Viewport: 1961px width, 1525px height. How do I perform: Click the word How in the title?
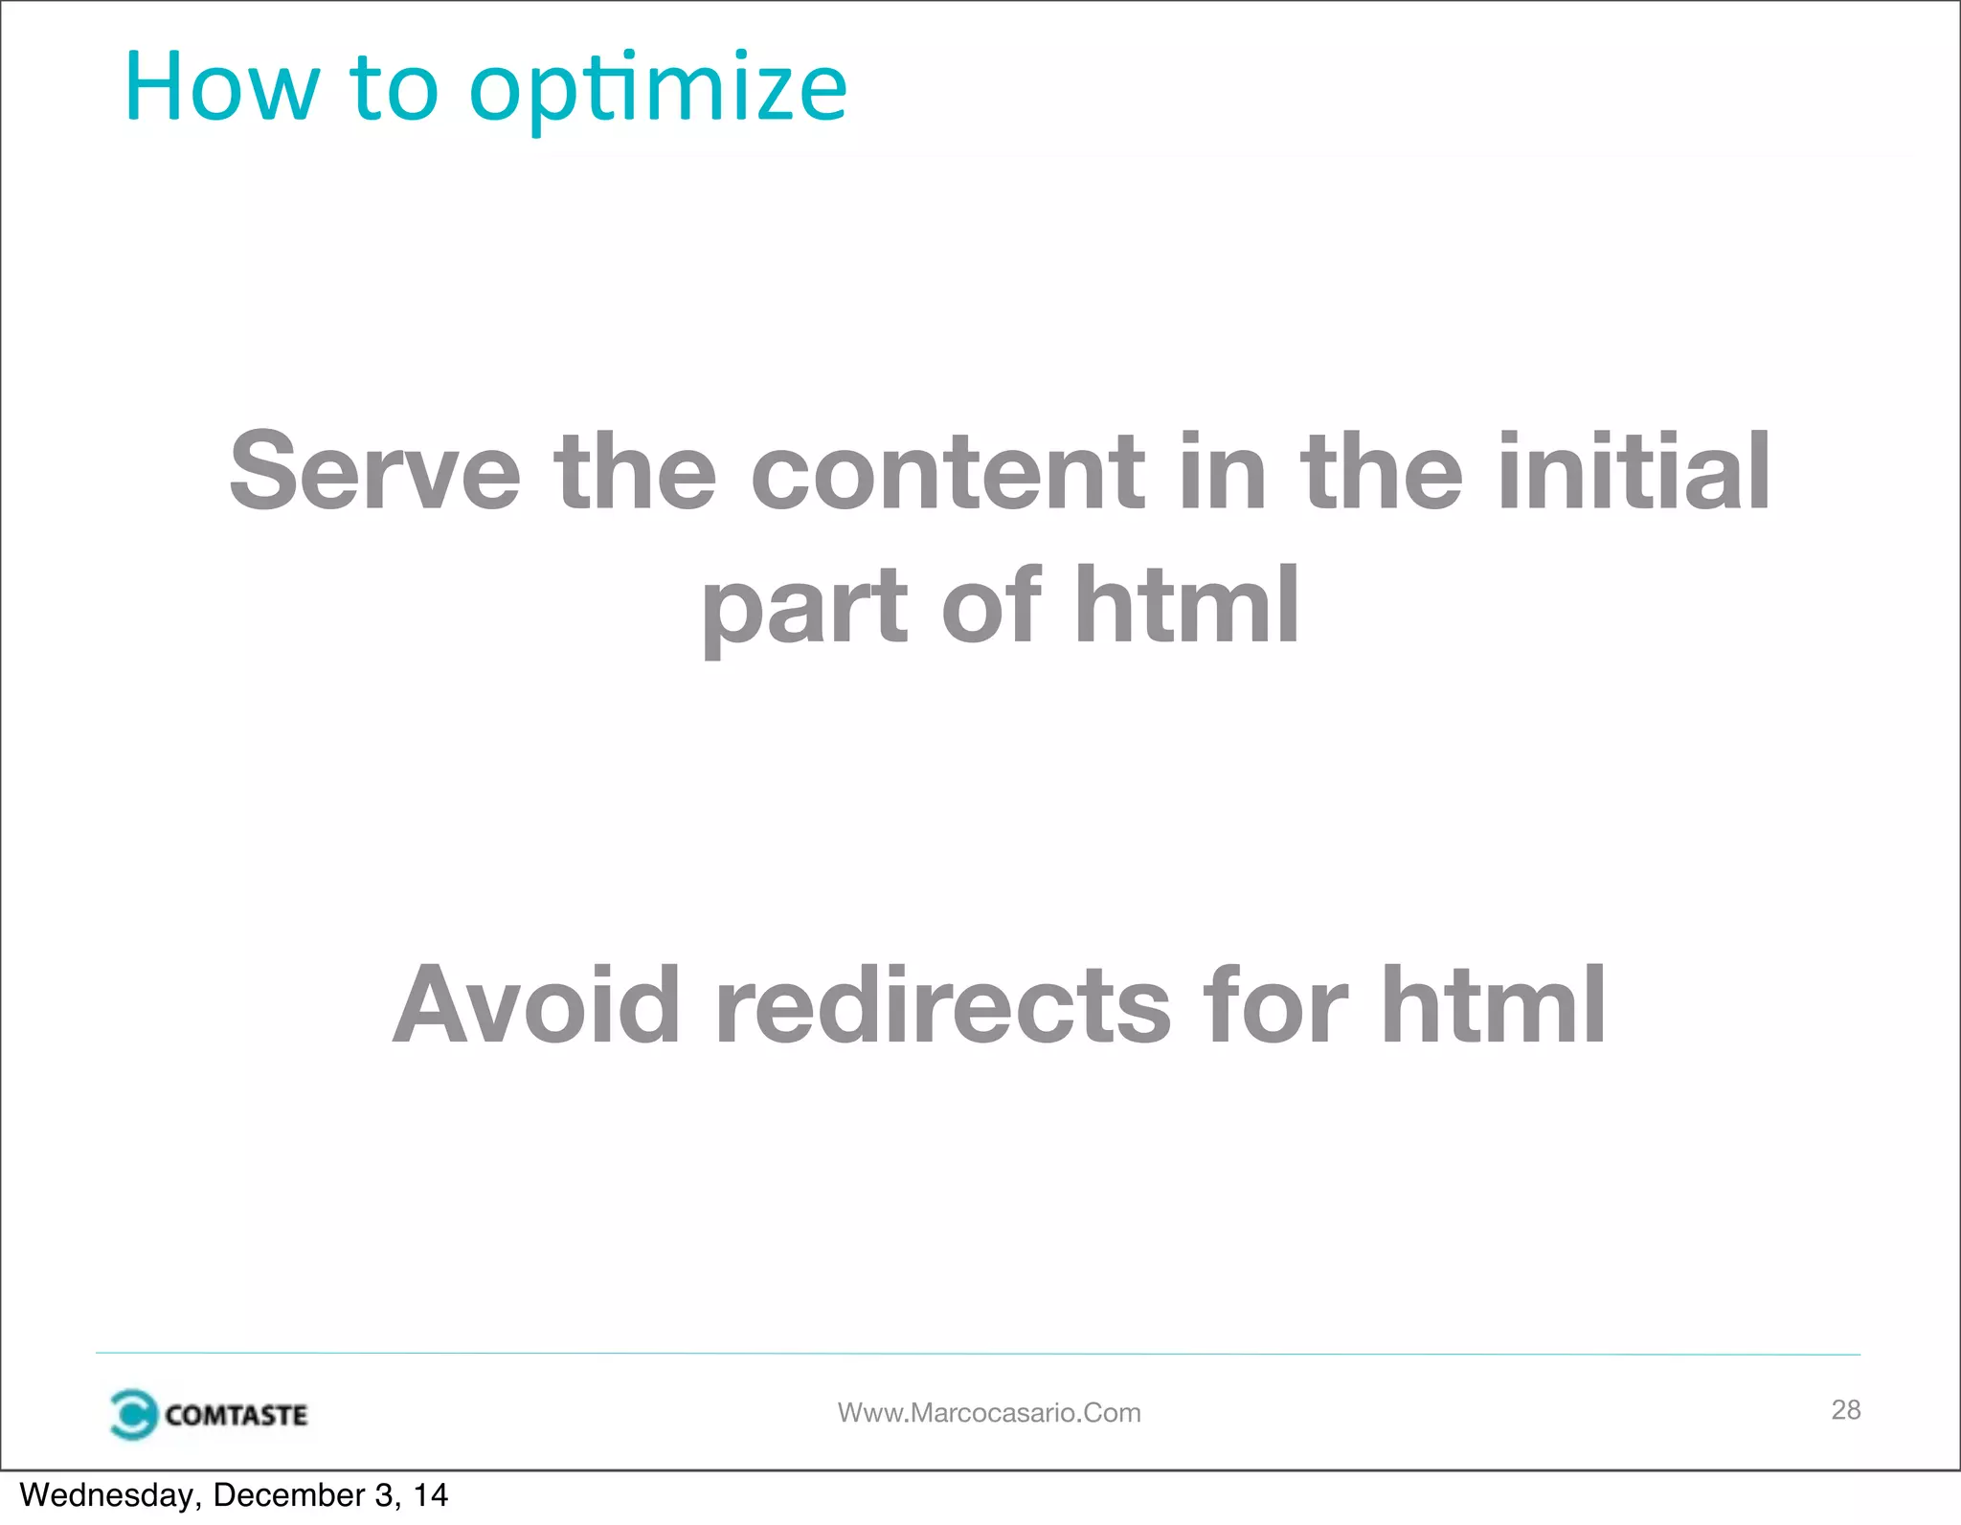click(221, 88)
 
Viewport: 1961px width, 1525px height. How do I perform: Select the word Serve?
click(374, 471)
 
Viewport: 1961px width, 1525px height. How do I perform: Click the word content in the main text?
click(947, 471)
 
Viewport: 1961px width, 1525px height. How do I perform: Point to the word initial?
click(1634, 471)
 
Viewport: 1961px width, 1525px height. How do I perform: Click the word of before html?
click(990, 605)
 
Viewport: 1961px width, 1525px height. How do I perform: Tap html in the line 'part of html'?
click(1186, 605)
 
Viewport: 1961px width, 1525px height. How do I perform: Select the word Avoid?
click(536, 1005)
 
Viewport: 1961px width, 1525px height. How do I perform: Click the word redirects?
click(943, 1005)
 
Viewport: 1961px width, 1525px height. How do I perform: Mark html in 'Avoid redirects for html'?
click(1493, 1005)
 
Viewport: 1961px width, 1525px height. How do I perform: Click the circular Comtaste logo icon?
click(133, 1414)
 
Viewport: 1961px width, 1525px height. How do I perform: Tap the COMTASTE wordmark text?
click(236, 1415)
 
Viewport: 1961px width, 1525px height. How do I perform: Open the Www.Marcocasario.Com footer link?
click(989, 1412)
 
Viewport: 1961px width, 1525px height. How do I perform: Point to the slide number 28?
click(1845, 1409)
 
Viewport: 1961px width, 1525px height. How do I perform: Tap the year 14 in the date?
click(430, 1495)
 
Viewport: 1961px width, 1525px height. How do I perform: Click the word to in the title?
click(394, 88)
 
